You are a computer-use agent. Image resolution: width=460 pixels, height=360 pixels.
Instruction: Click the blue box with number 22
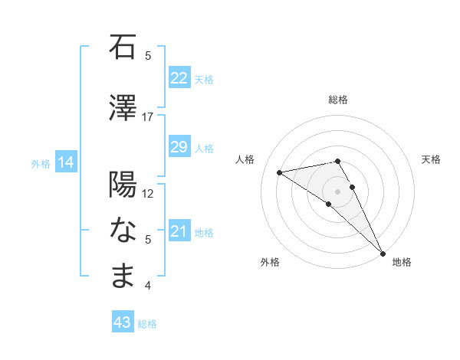click(x=179, y=78)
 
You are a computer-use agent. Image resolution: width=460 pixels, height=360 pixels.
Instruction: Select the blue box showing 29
click(x=179, y=147)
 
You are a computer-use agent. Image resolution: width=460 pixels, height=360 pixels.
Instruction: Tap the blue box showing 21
click(x=179, y=231)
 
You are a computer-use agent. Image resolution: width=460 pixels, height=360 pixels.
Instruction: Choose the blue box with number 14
click(x=65, y=162)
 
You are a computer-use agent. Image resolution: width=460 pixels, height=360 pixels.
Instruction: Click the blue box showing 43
click(x=122, y=322)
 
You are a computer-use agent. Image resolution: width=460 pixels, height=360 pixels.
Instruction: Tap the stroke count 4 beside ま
click(x=148, y=286)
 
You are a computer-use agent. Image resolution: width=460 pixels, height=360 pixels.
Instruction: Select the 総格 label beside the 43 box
click(x=147, y=324)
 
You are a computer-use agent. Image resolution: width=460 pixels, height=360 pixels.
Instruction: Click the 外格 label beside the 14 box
click(x=41, y=163)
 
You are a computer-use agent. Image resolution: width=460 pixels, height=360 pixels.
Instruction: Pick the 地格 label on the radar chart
click(x=402, y=262)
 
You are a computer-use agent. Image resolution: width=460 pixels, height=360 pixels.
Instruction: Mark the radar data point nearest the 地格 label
click(x=383, y=253)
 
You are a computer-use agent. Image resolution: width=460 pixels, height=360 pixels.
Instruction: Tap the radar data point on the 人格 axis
click(x=280, y=172)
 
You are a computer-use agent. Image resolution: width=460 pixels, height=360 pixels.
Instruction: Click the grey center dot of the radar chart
click(x=337, y=191)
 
